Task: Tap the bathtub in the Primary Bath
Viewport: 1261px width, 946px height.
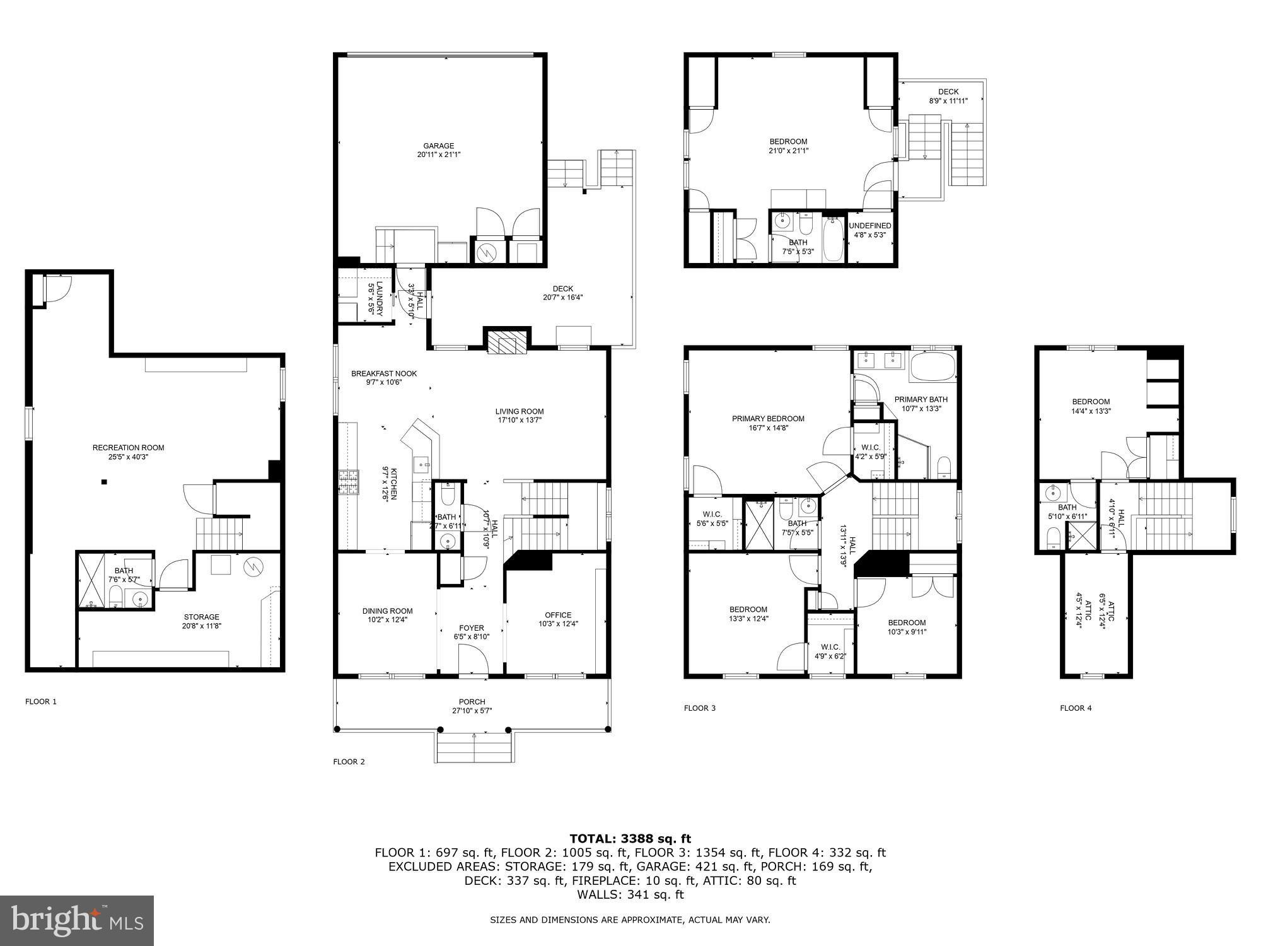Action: point(933,367)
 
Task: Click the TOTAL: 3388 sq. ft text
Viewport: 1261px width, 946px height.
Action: point(630,839)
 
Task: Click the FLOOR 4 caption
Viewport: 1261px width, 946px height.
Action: point(1076,708)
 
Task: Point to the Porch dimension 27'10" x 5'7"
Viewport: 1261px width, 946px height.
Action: point(472,711)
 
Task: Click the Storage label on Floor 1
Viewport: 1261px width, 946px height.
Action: point(201,617)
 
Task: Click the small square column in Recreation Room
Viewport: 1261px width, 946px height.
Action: point(104,482)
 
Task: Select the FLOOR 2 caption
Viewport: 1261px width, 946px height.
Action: point(349,762)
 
